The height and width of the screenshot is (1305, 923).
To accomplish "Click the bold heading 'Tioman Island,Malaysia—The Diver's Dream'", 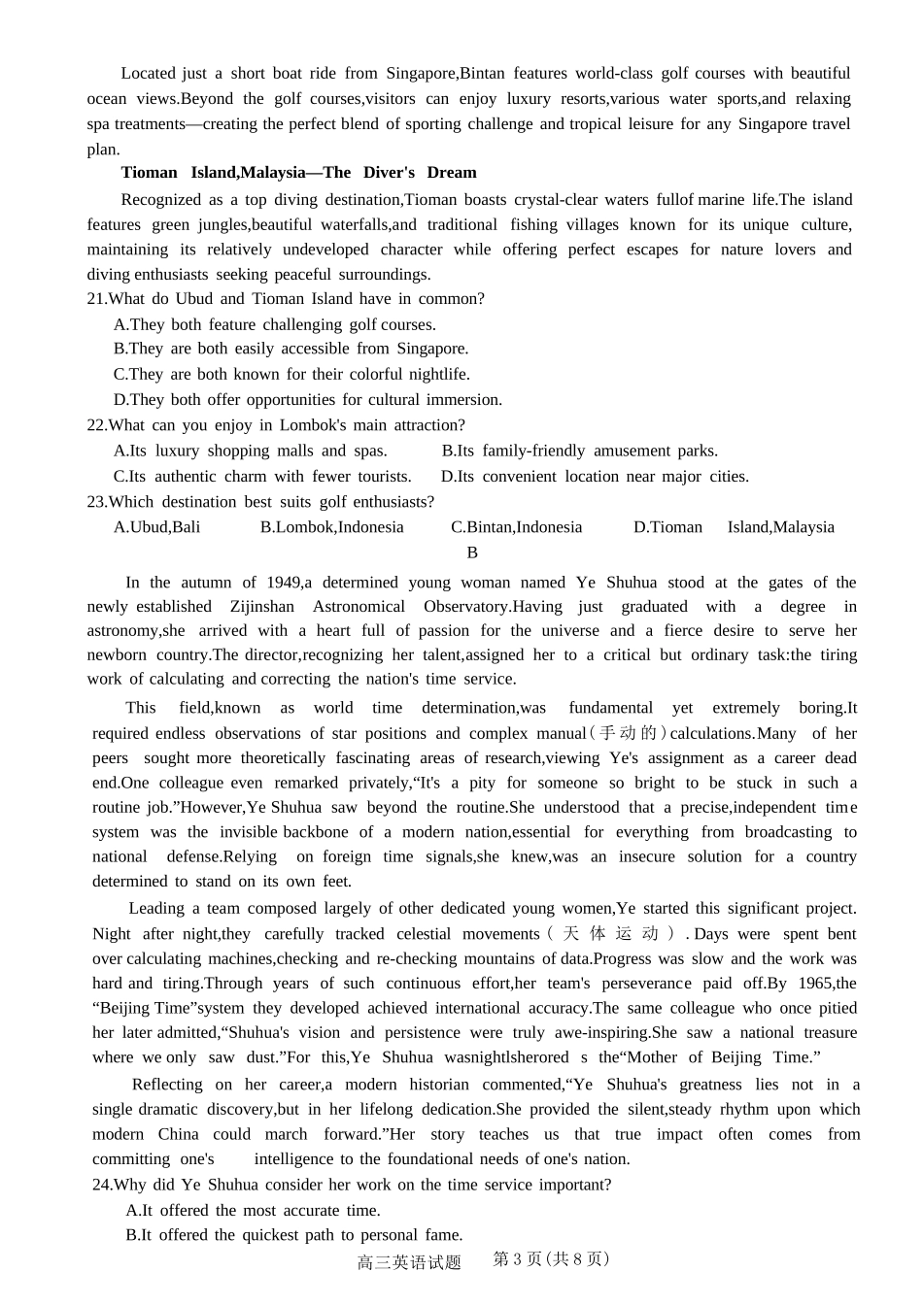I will pos(298,173).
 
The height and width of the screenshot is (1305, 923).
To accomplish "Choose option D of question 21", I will pos(307,400).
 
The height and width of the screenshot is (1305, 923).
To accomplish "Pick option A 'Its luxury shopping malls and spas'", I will pos(250,451).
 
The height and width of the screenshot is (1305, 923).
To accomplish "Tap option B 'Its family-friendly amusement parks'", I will pos(579,451).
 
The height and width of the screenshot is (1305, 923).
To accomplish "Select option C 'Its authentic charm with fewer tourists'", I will pos(262,477).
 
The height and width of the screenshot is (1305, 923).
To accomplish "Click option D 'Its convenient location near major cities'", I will pos(594,477).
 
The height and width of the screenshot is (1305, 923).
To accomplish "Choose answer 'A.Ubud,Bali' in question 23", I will pos(156,527).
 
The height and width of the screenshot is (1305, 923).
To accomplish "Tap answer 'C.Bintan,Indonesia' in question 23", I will pos(516,527).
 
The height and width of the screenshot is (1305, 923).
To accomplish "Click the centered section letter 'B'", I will pos(472,552).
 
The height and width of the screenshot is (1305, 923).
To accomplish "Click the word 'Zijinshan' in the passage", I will pos(261,607).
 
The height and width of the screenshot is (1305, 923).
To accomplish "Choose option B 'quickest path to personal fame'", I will pos(293,1235).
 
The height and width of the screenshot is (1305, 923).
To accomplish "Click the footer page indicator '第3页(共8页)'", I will pos(551,1259).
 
